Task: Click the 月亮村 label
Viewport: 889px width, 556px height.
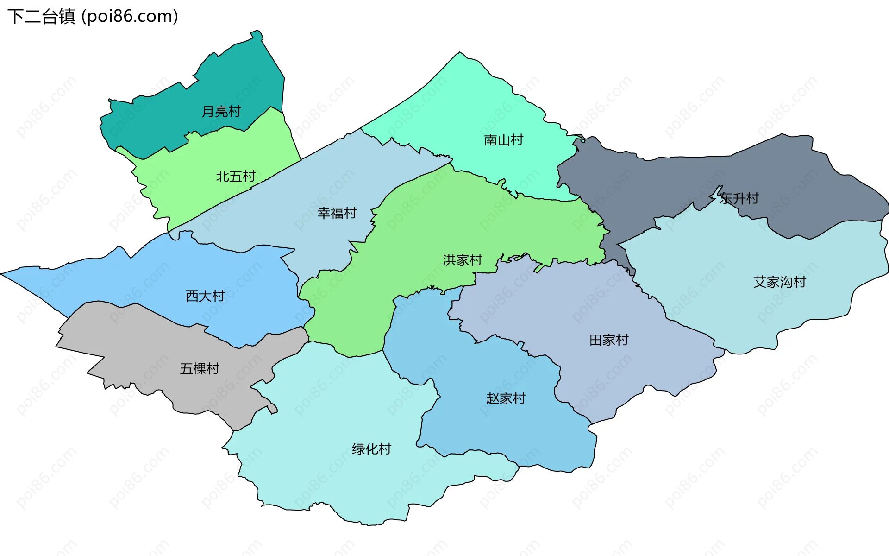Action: (221, 112)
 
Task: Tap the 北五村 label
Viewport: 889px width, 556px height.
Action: (236, 177)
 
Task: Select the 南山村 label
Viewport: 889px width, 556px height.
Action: (503, 140)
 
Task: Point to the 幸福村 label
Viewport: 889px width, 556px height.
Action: (337, 213)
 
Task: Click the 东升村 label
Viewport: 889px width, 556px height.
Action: (739, 199)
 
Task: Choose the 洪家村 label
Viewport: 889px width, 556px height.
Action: (462, 260)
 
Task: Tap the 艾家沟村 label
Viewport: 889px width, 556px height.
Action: (780, 282)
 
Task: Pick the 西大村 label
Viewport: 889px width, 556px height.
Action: (205, 296)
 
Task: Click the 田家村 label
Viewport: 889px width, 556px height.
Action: (609, 341)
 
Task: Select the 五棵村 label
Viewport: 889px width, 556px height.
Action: (199, 369)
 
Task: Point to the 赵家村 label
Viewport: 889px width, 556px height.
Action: (506, 399)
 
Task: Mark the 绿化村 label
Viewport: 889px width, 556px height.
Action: (371, 449)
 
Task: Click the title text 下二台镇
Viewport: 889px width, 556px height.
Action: (41, 17)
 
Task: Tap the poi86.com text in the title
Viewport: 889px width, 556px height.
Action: (130, 17)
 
